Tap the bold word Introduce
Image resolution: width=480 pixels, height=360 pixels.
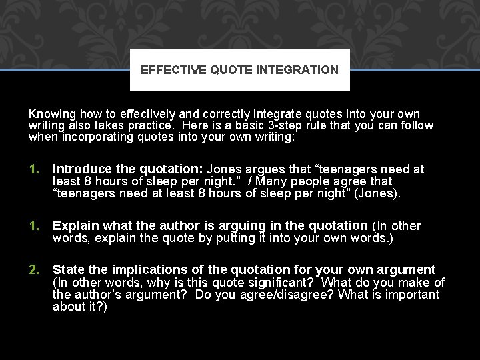(79, 169)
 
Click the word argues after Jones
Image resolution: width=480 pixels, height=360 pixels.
(264, 169)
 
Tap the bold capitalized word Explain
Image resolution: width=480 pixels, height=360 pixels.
(73, 226)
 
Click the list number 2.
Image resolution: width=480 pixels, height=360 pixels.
(34, 270)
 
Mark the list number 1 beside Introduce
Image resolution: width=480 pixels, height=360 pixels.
(34, 169)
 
